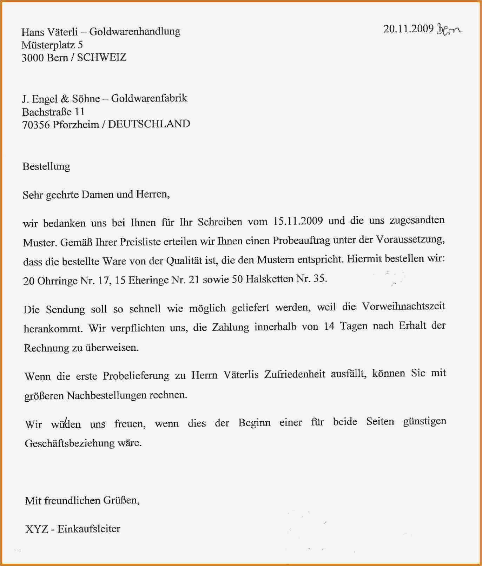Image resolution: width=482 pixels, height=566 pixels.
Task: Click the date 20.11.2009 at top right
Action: (408, 29)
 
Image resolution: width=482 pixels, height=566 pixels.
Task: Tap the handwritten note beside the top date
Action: (449, 30)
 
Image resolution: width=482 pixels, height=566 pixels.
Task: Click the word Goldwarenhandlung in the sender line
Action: (135, 32)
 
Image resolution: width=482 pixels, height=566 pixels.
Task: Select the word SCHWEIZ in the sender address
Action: (101, 58)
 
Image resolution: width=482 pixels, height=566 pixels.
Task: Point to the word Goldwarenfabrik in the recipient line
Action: (149, 98)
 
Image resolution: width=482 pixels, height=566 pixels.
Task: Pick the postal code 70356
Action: (36, 125)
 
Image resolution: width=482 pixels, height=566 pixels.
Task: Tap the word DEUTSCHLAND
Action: (149, 124)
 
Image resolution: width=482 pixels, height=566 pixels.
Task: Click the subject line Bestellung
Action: (46, 166)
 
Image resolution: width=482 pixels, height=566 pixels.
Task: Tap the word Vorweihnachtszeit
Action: (403, 307)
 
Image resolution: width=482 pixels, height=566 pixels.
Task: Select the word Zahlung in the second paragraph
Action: (230, 327)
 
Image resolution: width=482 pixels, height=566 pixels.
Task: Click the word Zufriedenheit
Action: (295, 374)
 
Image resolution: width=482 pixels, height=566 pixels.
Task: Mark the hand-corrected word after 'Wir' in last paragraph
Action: (66, 424)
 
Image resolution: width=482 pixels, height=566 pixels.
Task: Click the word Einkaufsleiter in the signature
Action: (89, 529)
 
